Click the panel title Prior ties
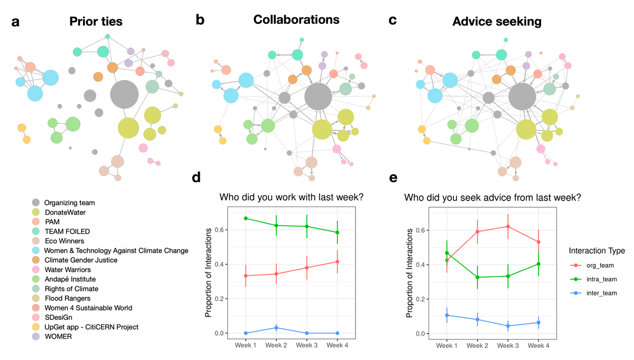tap(96, 22)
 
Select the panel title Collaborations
tap(296, 20)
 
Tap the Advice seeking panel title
tap(497, 22)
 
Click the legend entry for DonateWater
tap(65, 213)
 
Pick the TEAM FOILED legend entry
tap(67, 232)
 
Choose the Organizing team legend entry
tap(69, 203)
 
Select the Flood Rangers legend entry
tap(68, 298)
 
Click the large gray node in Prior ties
tap(124, 95)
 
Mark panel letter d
tap(196, 178)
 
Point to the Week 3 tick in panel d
tap(307, 345)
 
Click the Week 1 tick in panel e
tap(447, 345)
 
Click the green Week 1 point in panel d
tap(246, 218)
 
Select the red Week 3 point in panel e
tap(508, 226)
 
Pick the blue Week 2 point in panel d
tap(276, 328)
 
